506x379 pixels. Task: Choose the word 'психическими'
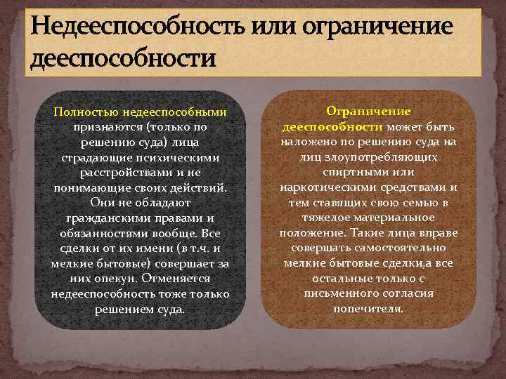(x=180, y=158)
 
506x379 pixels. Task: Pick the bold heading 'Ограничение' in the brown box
(x=369, y=112)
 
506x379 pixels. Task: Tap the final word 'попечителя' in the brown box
(x=369, y=308)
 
